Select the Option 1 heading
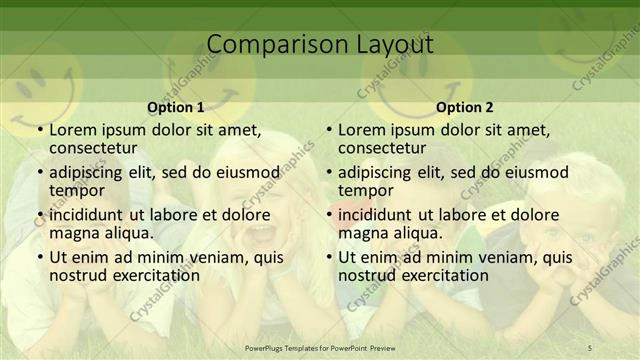[176, 107]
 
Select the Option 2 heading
[465, 107]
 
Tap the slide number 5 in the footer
[590, 347]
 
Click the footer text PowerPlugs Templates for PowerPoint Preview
[319, 347]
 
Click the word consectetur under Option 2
[381, 148]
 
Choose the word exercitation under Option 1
[153, 275]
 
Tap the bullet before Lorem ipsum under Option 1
[39, 130]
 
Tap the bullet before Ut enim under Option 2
[328, 257]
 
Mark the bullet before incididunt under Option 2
[328, 215]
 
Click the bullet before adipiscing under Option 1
[39, 172]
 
